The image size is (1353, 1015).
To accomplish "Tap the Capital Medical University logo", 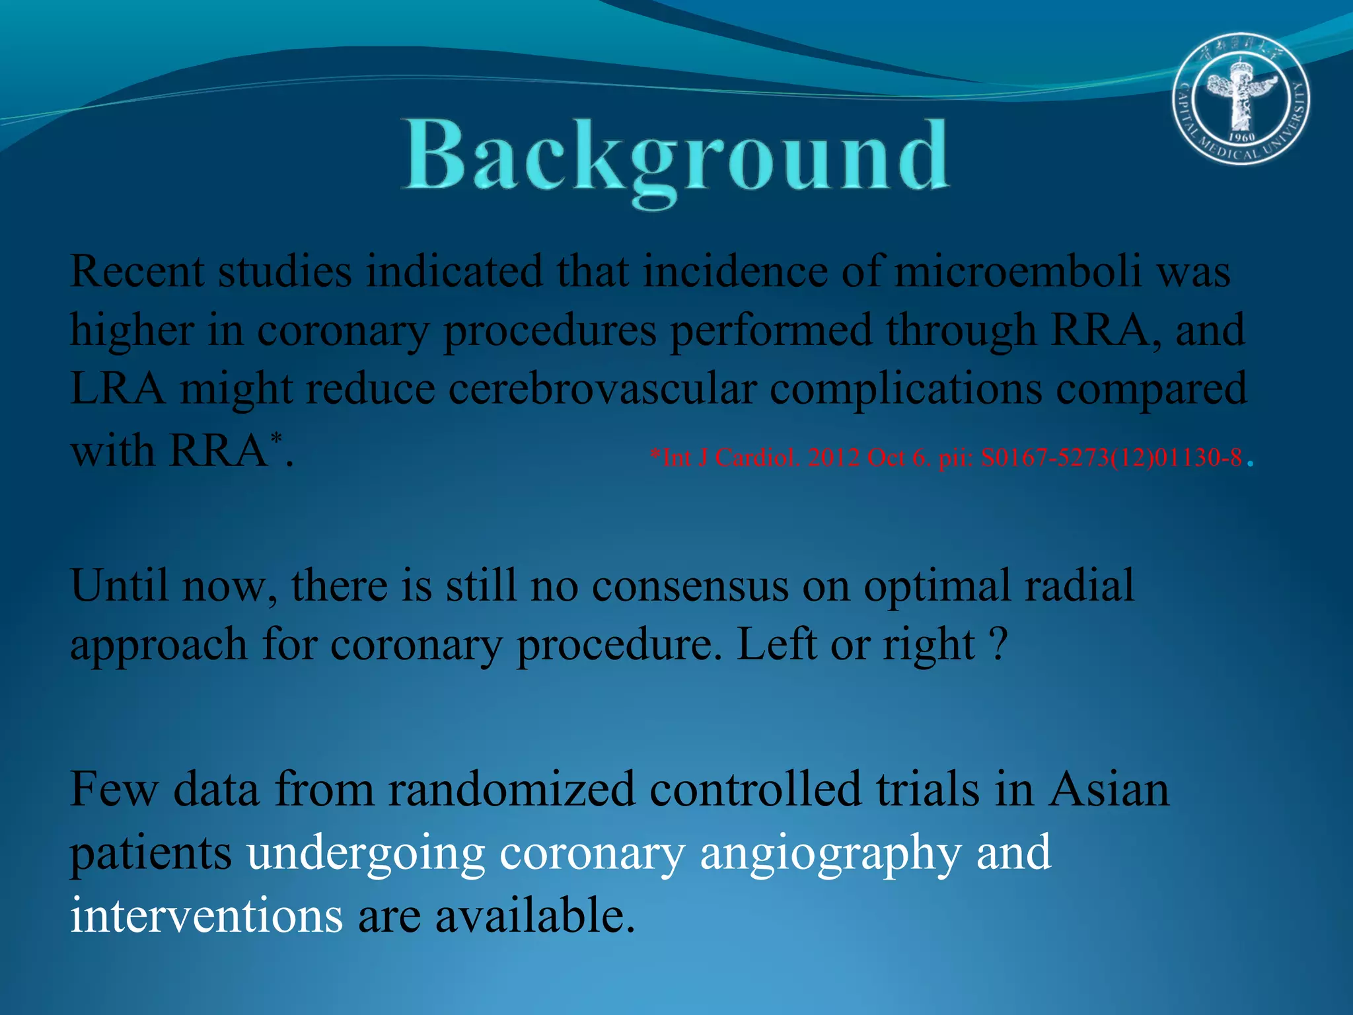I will [1241, 98].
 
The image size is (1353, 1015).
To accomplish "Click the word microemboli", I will [1017, 272].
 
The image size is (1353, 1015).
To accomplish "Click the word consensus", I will [690, 585].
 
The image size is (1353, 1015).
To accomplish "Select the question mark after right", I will [1000, 644].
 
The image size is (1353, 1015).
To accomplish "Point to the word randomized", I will [511, 789].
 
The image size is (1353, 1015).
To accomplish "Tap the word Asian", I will [1109, 789].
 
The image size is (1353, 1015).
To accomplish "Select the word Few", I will [114, 789].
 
